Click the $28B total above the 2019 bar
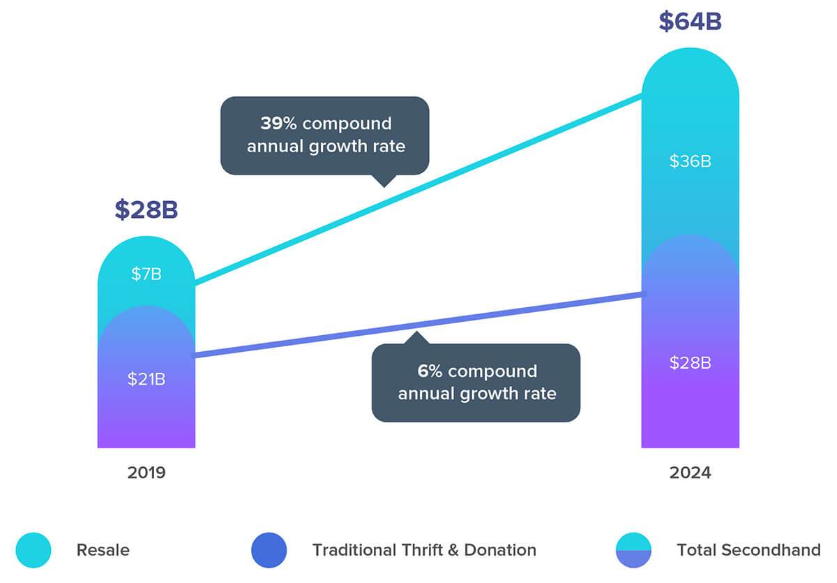146,209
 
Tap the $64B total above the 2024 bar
690,21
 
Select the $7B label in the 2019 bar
146,274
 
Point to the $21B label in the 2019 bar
146,379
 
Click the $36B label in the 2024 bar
690,161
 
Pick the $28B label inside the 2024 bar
690,362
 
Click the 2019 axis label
146,473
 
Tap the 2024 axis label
690,473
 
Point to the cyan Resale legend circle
33,549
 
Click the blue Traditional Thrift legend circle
269,549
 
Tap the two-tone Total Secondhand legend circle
633,549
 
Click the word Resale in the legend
103,549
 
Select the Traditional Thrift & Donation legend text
424,549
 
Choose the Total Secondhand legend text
748,549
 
